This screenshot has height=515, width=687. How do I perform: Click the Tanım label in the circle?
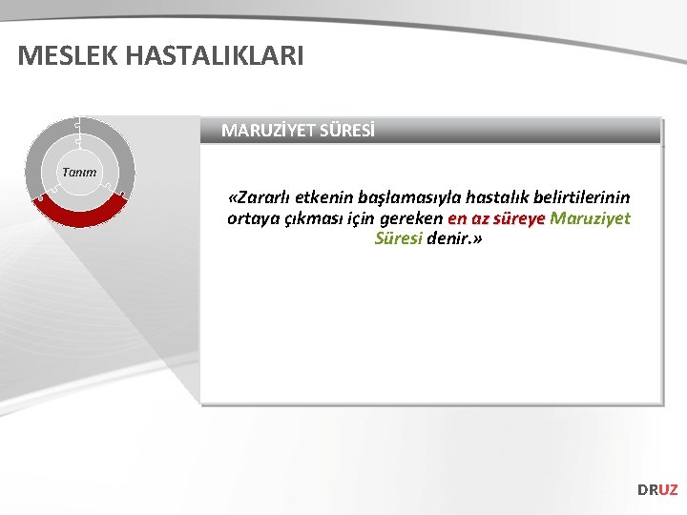[79, 172]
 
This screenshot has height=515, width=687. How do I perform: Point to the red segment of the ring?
[80, 212]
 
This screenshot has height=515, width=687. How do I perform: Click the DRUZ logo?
[657, 489]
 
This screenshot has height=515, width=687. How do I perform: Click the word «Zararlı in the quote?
[260, 197]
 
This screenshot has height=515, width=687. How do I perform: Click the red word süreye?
[517, 218]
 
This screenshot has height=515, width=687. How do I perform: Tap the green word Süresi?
[398, 238]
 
